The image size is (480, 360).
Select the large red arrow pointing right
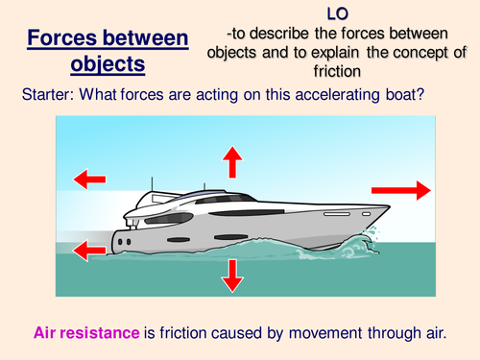(416, 191)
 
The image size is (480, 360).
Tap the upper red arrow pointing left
(88, 179)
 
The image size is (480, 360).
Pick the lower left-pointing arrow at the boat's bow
(88, 252)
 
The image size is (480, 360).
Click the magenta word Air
(47, 334)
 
